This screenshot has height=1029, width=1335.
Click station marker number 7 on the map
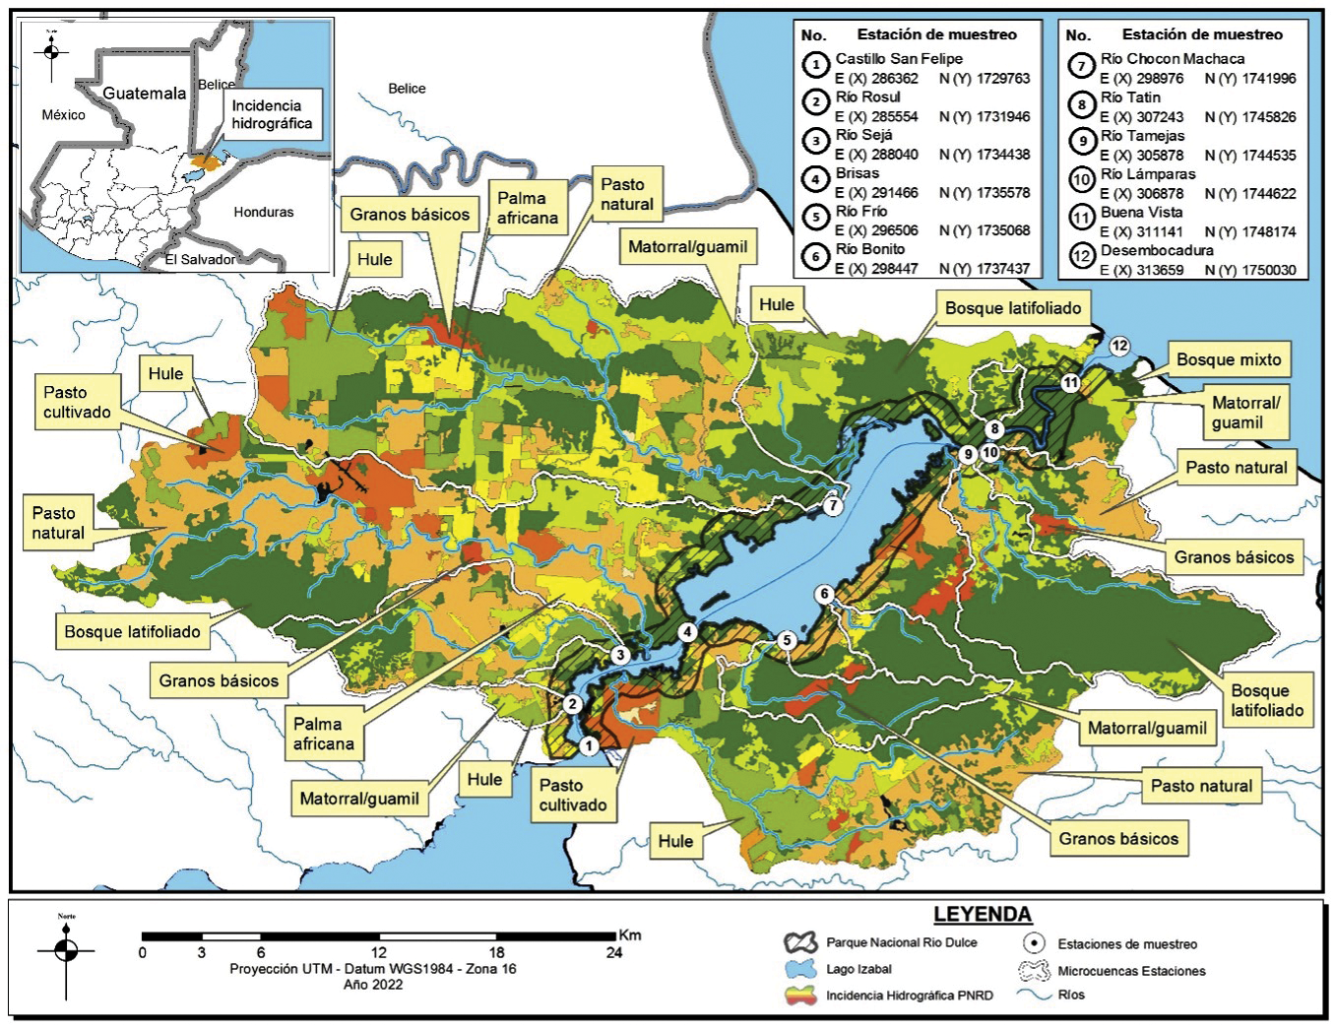pos(834,506)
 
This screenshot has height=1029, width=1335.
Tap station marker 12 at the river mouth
pos(1119,346)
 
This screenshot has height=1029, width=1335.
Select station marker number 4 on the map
pos(686,632)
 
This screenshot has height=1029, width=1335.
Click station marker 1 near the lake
pos(588,745)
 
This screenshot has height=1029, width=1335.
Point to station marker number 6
pos(825,594)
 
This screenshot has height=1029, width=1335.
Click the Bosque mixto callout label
pos(1229,360)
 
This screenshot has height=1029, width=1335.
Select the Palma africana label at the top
pos(528,208)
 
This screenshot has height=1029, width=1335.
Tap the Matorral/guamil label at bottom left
pos(359,799)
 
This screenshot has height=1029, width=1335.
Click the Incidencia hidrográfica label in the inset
pos(272,114)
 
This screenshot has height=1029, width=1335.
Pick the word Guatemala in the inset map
pos(145,94)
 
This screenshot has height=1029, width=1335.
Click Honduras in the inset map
pos(263,212)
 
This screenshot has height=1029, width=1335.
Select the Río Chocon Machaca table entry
pos(1172,59)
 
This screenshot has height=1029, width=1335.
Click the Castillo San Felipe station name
pos(899,59)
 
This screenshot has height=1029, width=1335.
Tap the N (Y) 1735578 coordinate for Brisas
pos(985,193)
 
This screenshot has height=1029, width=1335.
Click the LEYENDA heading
pos(982,914)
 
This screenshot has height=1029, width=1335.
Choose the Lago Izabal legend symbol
pos(800,969)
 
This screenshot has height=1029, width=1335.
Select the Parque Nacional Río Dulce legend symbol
pos(800,942)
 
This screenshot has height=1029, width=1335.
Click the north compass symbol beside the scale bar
pos(66,951)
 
